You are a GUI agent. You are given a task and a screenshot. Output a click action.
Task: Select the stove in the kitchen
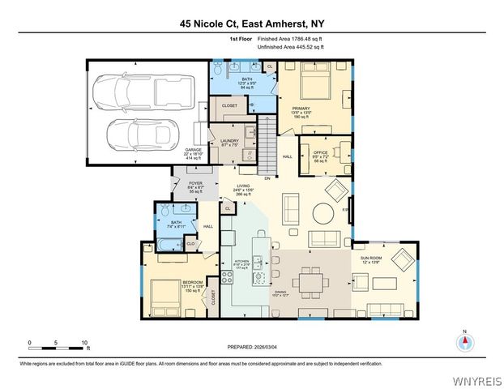tap(228, 277)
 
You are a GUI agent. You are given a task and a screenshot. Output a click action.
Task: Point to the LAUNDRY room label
tap(229, 142)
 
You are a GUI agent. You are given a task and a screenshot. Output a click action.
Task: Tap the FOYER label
tap(195, 183)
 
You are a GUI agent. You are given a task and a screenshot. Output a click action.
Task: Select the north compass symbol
tap(464, 341)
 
